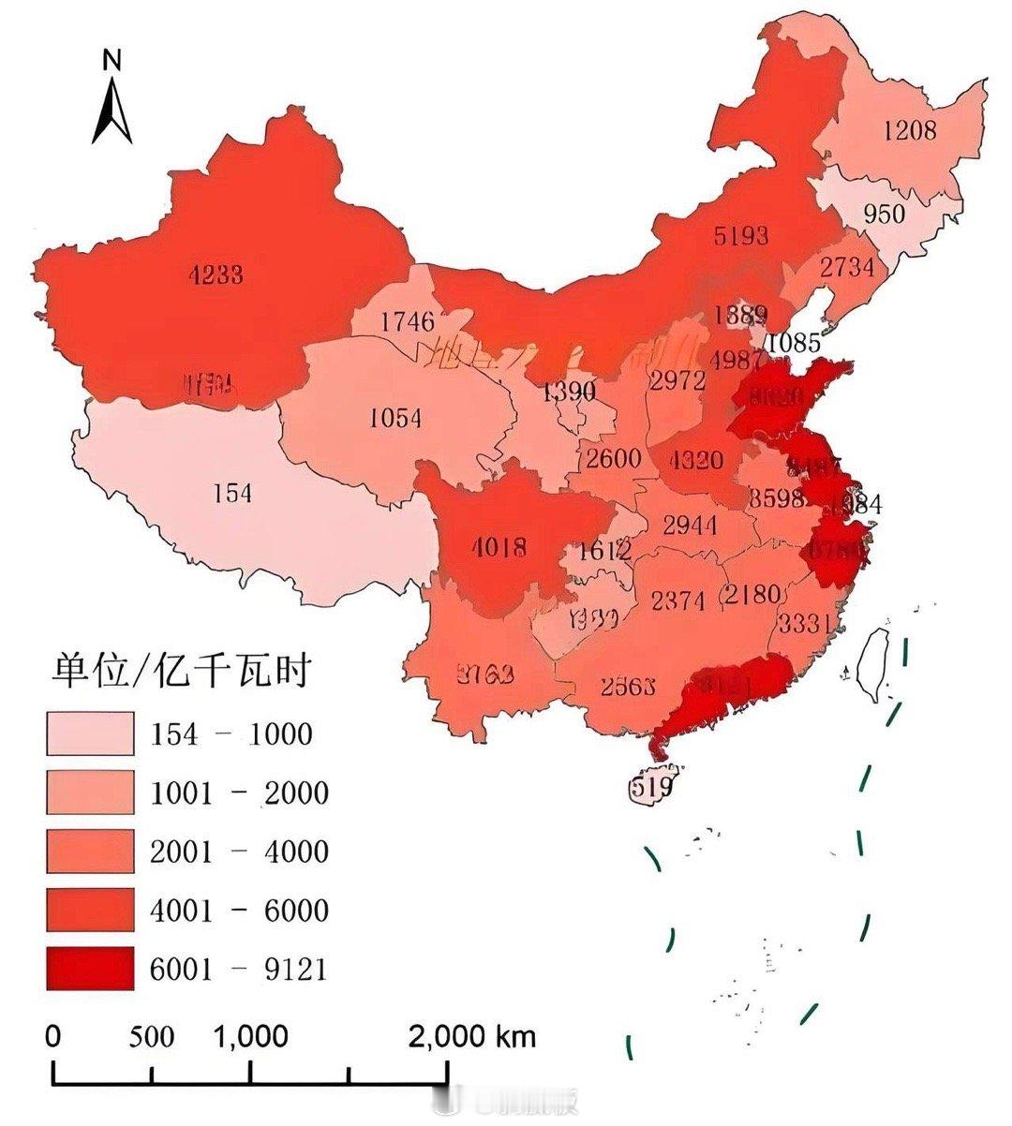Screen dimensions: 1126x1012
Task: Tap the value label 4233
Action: click(216, 275)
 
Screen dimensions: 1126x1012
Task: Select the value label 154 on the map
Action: click(232, 492)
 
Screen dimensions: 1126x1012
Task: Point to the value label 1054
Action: click(395, 418)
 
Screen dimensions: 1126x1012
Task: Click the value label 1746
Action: click(408, 322)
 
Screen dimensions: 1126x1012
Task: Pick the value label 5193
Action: click(740, 234)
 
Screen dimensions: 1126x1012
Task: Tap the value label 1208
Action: click(908, 129)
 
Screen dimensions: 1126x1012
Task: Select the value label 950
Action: click(884, 214)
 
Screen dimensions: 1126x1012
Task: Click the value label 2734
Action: click(847, 267)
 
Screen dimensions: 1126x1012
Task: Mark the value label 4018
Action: click(499, 547)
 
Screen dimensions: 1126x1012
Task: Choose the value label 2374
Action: click(677, 600)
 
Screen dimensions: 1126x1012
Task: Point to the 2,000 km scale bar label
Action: click(472, 1037)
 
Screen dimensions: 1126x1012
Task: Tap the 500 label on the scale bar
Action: click(152, 1037)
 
